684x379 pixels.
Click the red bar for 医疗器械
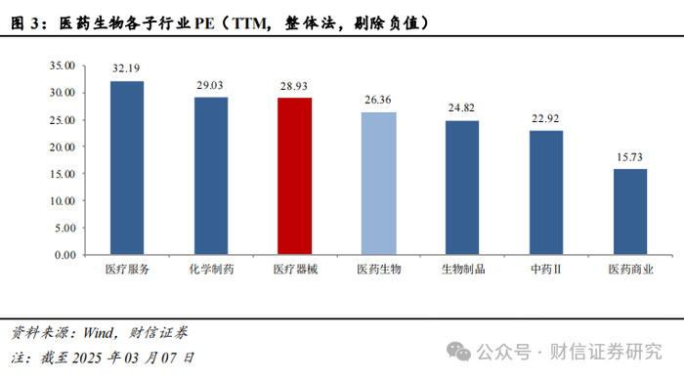pyautogui.click(x=295, y=176)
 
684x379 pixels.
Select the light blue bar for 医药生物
pyautogui.click(x=379, y=184)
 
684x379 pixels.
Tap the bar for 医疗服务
pyautogui.click(x=127, y=168)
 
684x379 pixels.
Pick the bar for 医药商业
pyautogui.click(x=630, y=212)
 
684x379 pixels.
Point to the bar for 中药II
pyautogui.click(x=546, y=192)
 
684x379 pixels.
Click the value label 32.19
pyautogui.click(x=126, y=68)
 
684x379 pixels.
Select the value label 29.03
pyautogui.click(x=210, y=86)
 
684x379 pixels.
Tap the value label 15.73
pyautogui.click(x=629, y=157)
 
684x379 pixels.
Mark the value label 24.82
pyautogui.click(x=461, y=107)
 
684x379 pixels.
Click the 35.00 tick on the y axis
pyautogui.click(x=63, y=65)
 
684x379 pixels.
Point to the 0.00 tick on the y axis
pyautogui.click(x=65, y=255)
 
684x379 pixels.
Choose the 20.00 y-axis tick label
pyautogui.click(x=63, y=147)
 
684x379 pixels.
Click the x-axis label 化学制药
pyautogui.click(x=212, y=269)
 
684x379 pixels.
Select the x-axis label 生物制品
pyautogui.click(x=463, y=269)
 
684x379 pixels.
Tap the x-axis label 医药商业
pyautogui.click(x=631, y=269)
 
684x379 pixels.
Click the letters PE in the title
pyautogui.click(x=204, y=23)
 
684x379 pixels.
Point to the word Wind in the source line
pyautogui.click(x=98, y=333)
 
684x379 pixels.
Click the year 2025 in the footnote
pyautogui.click(x=87, y=358)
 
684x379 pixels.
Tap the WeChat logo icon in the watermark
pyautogui.click(x=458, y=352)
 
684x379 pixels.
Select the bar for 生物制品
pyautogui.click(x=462, y=188)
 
